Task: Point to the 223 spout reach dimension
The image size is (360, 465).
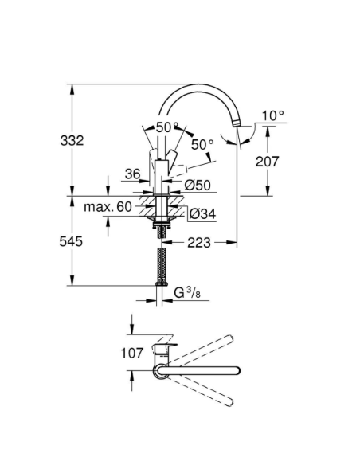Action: pos(199,242)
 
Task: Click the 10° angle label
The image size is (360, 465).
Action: pos(272,116)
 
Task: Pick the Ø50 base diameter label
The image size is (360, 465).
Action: pos(197,185)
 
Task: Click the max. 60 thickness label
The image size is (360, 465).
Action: pos(108,207)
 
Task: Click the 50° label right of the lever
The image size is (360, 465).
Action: pos(203,144)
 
